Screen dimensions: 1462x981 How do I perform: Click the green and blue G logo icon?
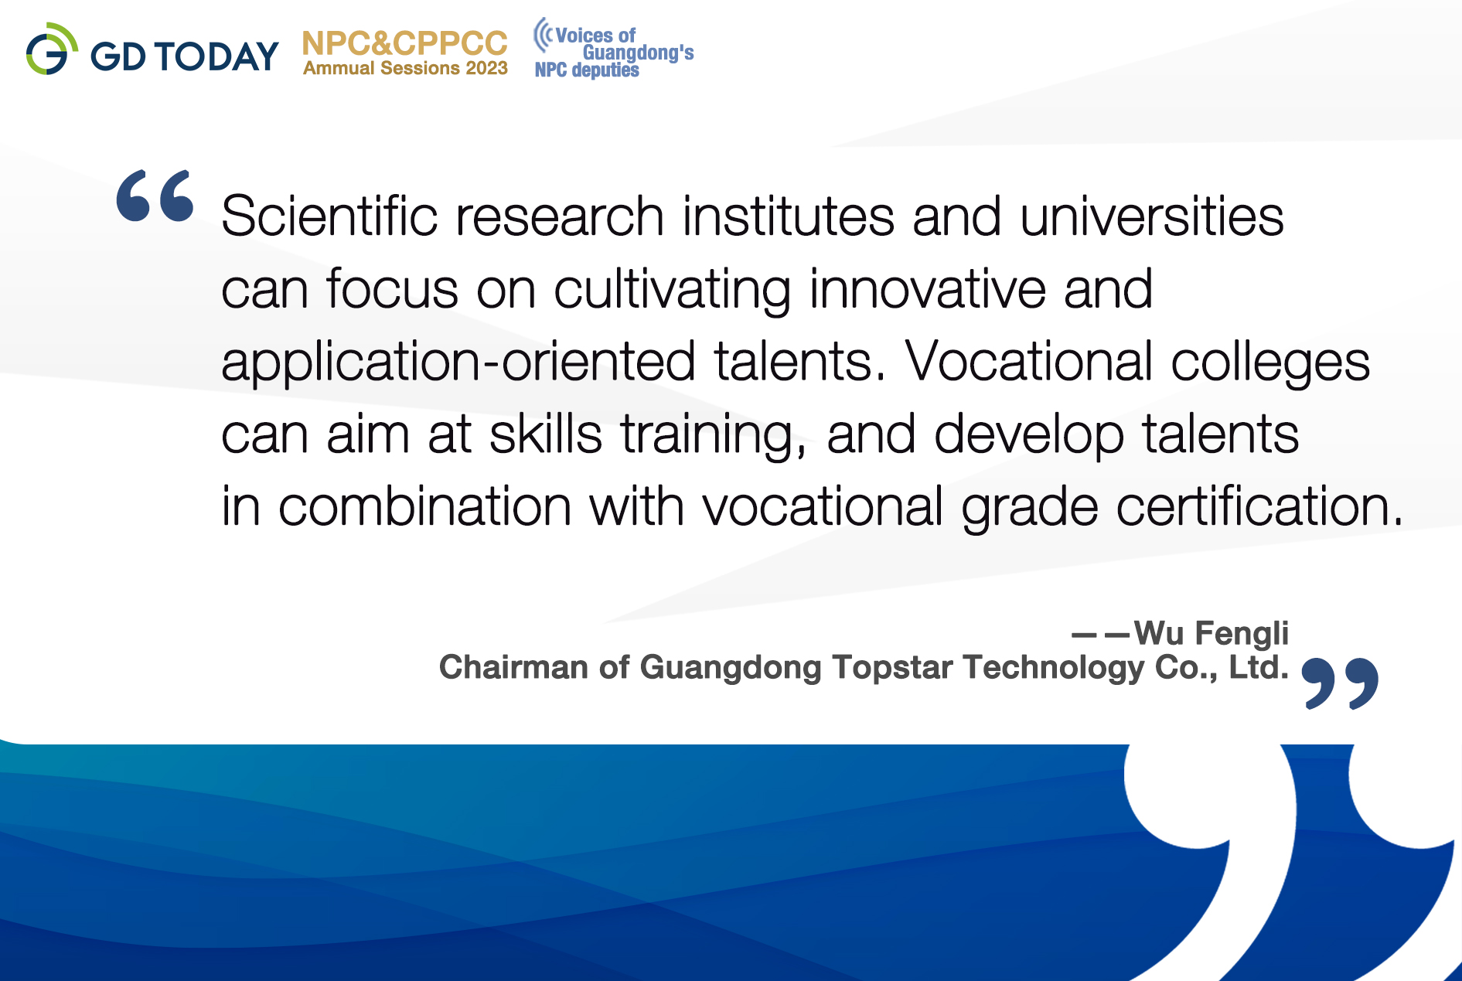click(x=52, y=49)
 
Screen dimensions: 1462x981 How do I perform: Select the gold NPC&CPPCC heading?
click(x=405, y=43)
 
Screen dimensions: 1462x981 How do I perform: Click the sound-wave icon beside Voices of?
click(x=544, y=35)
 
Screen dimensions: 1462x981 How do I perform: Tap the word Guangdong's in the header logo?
click(x=638, y=53)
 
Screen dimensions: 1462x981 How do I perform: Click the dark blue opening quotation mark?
click(x=155, y=196)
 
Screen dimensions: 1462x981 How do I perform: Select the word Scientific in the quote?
click(x=329, y=216)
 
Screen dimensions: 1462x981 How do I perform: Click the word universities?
click(x=1152, y=216)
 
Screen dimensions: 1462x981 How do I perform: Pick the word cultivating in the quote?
click(x=673, y=290)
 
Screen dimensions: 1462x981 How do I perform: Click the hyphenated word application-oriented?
click(x=458, y=362)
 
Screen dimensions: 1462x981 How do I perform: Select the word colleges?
click(x=1270, y=362)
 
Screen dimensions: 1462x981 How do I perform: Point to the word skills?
click(x=546, y=434)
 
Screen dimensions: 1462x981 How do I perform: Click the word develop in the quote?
click(x=1029, y=435)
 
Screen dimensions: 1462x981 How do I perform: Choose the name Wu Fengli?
click(x=1212, y=633)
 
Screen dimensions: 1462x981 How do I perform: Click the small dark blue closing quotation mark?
click(x=1340, y=683)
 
